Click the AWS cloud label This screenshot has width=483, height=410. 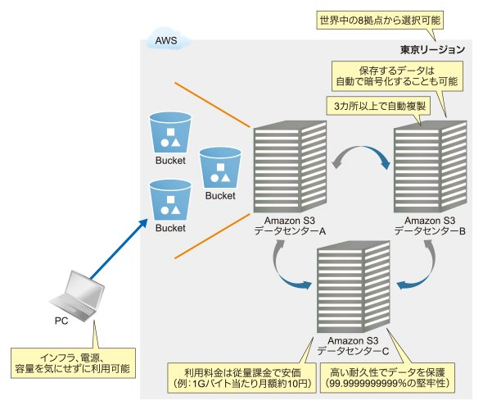click(x=166, y=40)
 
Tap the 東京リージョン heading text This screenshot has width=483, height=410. click(x=432, y=49)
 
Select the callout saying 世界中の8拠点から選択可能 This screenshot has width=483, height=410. click(x=380, y=20)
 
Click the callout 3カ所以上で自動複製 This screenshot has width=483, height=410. click(x=380, y=106)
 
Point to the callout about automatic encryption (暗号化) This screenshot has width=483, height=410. click(x=397, y=76)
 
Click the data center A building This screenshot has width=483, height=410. click(x=290, y=166)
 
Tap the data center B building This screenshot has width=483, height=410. click(x=431, y=166)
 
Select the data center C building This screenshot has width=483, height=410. click(x=354, y=287)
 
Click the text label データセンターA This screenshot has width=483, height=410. click(x=290, y=231)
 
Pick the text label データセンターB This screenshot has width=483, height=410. click(x=430, y=231)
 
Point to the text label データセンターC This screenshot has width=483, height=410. click(x=353, y=351)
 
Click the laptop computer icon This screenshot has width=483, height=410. click(x=77, y=296)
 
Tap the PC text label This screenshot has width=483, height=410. click(x=61, y=321)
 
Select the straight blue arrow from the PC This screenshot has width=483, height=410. click(x=119, y=248)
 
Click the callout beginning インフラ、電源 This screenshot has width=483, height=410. click(x=73, y=363)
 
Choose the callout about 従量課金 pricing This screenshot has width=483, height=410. click(x=241, y=378)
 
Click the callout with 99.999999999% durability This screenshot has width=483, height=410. click(x=387, y=378)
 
